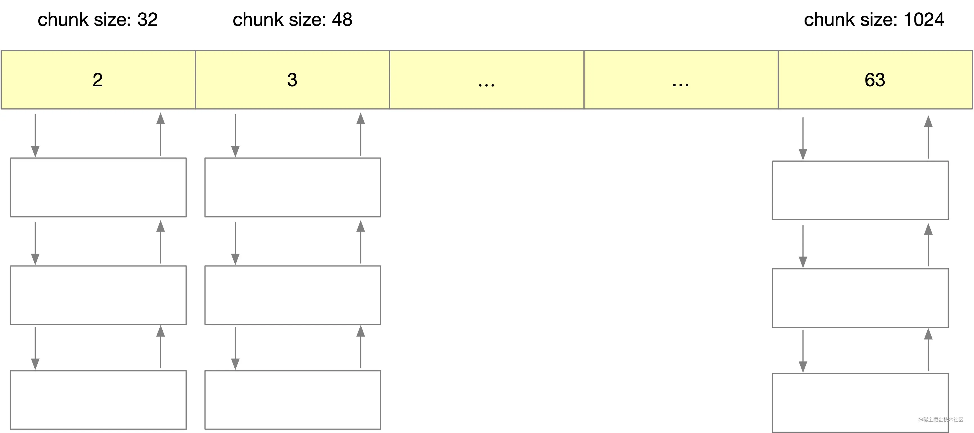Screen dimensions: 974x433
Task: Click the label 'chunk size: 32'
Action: tap(98, 20)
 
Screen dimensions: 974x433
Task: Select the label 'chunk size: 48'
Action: tap(292, 20)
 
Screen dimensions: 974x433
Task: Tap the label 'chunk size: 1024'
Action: tap(874, 20)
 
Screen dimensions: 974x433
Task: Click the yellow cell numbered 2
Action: tap(98, 80)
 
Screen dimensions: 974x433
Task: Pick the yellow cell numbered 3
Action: tap(293, 80)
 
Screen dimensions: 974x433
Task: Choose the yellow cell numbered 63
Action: tap(875, 80)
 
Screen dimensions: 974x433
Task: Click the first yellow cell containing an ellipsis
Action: tap(487, 80)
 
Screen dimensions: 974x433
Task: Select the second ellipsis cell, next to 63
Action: tap(681, 80)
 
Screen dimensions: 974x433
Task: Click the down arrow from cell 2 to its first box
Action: tap(35, 136)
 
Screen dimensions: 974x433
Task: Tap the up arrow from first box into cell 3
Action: tap(361, 134)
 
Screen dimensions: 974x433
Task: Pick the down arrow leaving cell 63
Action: tap(803, 139)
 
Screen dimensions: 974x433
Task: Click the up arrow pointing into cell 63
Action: tap(928, 137)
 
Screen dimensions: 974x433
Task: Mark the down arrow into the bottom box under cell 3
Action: tap(235, 348)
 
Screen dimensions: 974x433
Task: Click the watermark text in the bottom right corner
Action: tap(941, 420)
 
